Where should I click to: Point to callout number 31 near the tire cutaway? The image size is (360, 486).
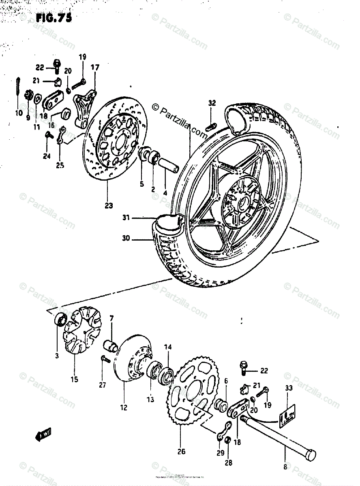tap(126, 218)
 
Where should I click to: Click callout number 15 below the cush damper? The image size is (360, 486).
tap(74, 379)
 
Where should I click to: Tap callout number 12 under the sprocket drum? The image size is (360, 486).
tap(123, 407)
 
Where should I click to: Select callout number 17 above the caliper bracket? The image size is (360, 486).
tap(94, 67)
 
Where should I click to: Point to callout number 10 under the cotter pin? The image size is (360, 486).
tap(19, 113)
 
